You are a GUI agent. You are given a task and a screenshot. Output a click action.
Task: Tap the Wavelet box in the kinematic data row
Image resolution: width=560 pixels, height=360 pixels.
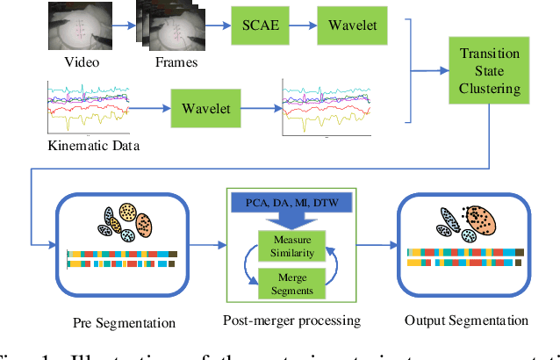pos(205,108)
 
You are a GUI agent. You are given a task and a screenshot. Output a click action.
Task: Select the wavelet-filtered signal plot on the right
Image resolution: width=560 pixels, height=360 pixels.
pos(331,108)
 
